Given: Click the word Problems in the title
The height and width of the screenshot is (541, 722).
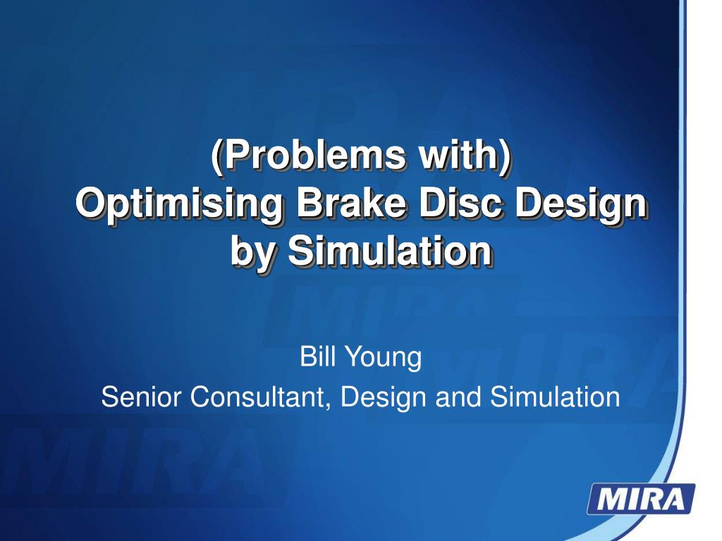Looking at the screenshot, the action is pos(315,155).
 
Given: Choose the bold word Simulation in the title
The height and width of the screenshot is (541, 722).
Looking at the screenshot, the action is pos(389,251).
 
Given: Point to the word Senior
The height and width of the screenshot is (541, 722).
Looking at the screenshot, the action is pos(141,397).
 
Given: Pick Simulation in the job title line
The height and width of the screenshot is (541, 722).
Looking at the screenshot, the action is pos(555,397).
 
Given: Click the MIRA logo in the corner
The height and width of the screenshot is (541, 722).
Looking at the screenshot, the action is pos(641,499).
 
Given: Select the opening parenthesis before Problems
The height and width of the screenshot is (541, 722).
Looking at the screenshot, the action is pos(216,156).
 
